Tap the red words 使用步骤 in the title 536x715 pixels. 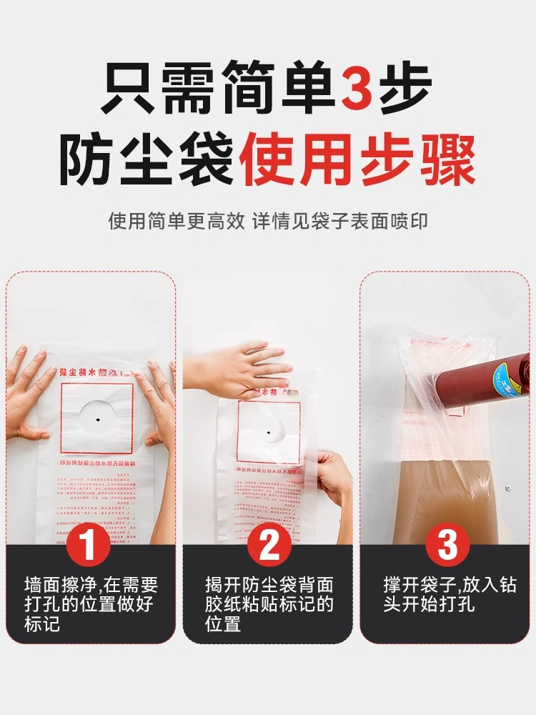point(357,161)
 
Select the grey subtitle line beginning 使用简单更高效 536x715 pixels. point(268,220)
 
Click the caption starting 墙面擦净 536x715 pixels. point(90,604)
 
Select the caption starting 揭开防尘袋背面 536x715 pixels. point(269,604)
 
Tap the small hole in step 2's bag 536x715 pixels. point(267,432)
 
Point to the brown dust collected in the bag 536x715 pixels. point(436,500)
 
